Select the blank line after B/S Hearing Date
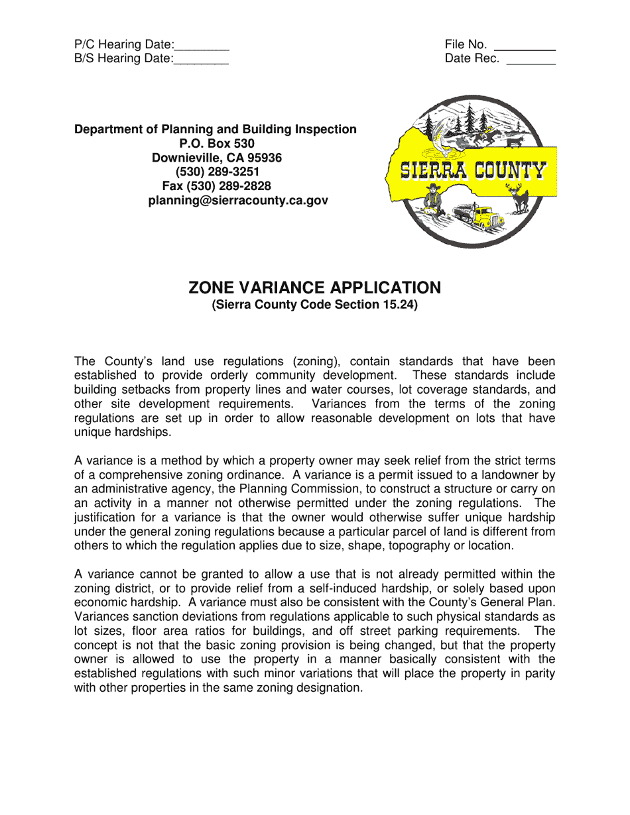(201, 64)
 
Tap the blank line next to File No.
(525, 50)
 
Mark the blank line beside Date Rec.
(531, 64)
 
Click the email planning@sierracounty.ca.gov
(238, 200)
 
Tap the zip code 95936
(261, 158)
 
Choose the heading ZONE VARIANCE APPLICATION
(314, 288)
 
